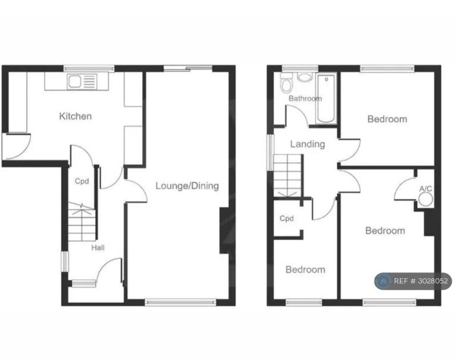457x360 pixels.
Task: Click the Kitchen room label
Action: coord(75,116)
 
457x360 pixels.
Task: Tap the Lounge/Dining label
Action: coord(187,186)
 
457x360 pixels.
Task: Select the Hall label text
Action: coord(98,248)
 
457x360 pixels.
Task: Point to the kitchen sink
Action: coord(82,82)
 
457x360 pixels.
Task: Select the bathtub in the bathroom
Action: coord(326,99)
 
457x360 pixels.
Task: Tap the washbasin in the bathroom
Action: coord(305,77)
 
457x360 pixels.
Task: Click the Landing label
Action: coord(308,144)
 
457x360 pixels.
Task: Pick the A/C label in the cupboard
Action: coord(425,189)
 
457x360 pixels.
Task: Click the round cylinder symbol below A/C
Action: coord(426,201)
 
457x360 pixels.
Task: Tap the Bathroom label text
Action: coord(305,99)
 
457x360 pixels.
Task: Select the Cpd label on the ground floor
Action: coord(82,181)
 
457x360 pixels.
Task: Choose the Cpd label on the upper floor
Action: coord(286,218)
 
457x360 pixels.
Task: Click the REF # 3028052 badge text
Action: coord(421,281)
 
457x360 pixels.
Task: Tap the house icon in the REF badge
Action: coord(384,281)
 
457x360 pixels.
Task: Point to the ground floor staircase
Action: coord(82,221)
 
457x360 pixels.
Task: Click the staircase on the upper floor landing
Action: coord(287,176)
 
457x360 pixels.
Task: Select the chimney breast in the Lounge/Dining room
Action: coord(224,230)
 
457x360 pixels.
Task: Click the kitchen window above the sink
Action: coord(89,68)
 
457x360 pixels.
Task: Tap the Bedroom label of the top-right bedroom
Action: coord(387,119)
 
